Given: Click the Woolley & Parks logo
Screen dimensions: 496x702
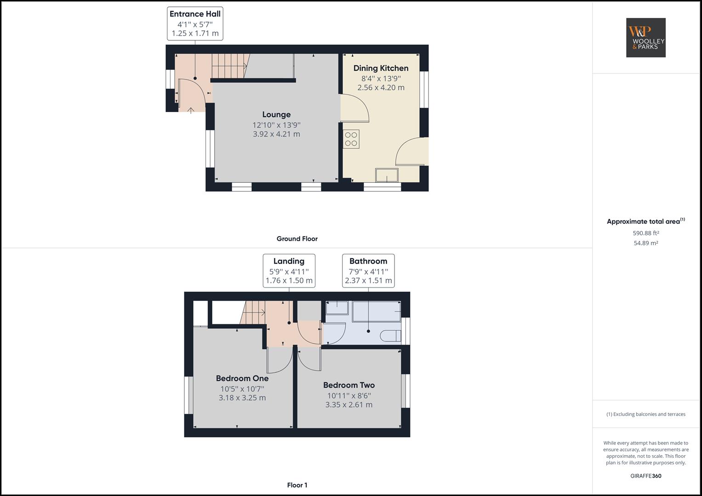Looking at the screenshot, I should click(645, 38).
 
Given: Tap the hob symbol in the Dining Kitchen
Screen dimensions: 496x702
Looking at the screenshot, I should click(351, 139).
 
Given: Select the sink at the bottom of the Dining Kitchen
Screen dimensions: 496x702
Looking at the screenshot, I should click(387, 175).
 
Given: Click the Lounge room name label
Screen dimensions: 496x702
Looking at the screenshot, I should click(276, 115).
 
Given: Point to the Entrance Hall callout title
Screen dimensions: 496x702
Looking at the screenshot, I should click(195, 14).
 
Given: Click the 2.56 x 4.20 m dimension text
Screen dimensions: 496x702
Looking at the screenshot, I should click(381, 88).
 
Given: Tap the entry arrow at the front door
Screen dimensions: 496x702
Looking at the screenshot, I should click(190, 110).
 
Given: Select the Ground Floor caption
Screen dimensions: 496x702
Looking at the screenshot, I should click(297, 239).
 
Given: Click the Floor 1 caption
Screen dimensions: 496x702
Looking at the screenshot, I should click(297, 485).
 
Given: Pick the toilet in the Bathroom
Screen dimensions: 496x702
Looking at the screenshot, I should click(390, 336).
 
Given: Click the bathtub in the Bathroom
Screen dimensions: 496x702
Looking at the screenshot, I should click(376, 311).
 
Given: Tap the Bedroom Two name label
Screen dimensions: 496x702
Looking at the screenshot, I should click(348, 385).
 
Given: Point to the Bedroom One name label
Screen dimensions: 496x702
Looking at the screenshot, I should click(242, 378).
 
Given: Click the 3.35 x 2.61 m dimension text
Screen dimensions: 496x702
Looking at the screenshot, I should click(348, 405).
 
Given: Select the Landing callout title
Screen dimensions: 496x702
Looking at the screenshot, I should click(289, 261).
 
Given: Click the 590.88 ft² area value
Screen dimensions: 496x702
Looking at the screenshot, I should click(645, 233).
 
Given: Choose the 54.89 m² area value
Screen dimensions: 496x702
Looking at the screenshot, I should click(645, 243).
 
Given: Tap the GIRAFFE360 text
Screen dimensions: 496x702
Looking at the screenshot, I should click(645, 476).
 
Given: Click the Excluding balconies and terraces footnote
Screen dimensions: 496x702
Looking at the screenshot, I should click(645, 414).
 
